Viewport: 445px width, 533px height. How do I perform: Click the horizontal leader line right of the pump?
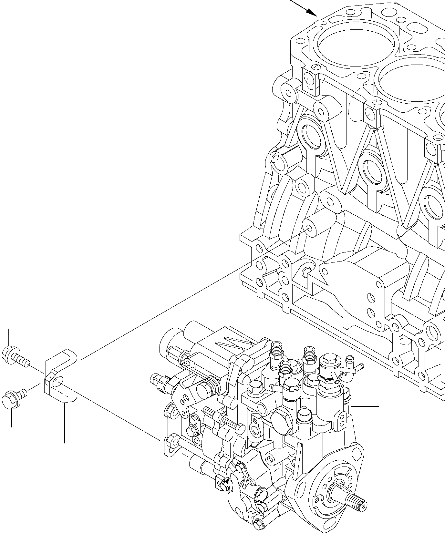tap(365, 406)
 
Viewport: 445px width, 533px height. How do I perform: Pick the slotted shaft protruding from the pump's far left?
tap(158, 379)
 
